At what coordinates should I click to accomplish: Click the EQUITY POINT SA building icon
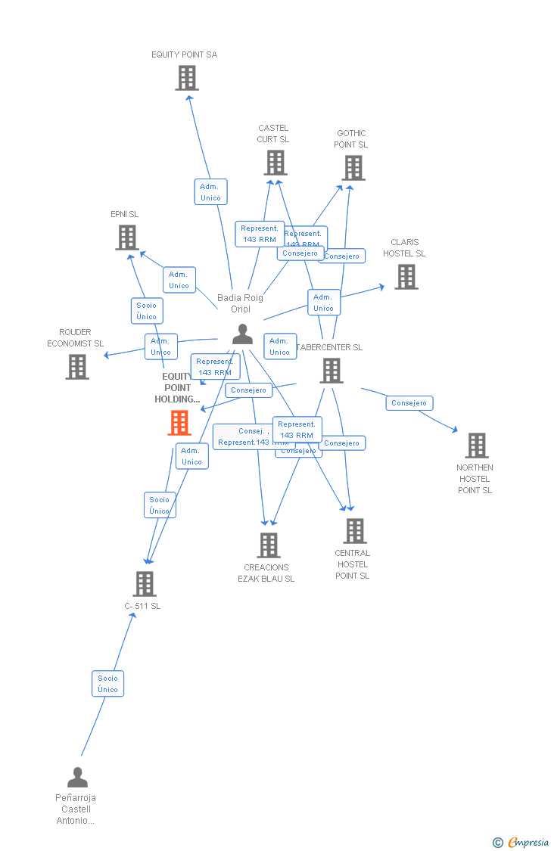click(187, 78)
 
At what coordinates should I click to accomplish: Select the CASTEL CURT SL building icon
click(275, 163)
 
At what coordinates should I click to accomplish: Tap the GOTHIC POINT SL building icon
click(353, 168)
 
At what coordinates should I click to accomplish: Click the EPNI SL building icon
click(126, 238)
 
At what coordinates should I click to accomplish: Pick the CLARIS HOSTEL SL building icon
click(406, 277)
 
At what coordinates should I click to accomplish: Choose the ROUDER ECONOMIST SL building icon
click(77, 367)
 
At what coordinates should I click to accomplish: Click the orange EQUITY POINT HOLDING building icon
click(179, 423)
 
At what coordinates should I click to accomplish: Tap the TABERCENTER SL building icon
click(332, 371)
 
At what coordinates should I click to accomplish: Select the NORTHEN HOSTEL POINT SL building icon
click(476, 446)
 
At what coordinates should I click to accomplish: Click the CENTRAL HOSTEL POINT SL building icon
click(354, 531)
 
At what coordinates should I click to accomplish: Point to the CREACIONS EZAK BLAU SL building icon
click(268, 545)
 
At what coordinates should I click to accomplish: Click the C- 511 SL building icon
click(145, 584)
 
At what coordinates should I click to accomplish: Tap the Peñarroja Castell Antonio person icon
click(77, 778)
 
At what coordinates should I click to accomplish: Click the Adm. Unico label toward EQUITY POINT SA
click(210, 192)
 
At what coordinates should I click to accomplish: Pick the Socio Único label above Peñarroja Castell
click(108, 684)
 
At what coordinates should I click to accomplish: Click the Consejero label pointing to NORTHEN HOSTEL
click(409, 403)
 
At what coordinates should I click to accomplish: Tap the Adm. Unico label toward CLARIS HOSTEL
click(324, 303)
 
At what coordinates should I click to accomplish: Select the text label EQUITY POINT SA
click(184, 54)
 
